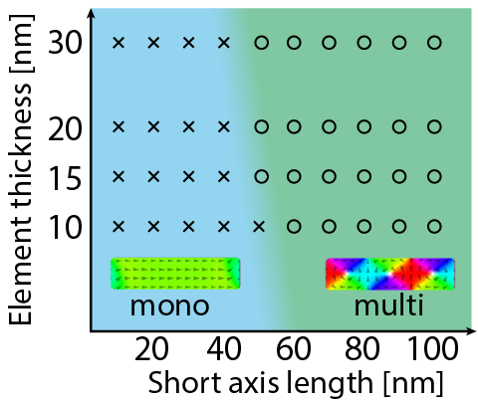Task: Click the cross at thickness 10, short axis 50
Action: [259, 227]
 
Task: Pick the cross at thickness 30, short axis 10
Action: [119, 43]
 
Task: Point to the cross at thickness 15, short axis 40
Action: [224, 176]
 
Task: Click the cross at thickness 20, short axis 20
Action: [153, 126]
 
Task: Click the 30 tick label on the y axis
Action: [65, 43]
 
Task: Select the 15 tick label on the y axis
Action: [65, 178]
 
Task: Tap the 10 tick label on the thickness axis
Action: [65, 227]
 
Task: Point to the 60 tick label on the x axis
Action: [294, 348]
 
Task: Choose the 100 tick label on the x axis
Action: [433, 348]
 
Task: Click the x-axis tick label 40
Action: [224, 348]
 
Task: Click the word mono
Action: [169, 305]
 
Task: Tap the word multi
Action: [389, 303]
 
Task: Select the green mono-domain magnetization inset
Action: [175, 274]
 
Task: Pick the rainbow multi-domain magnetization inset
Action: [390, 274]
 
